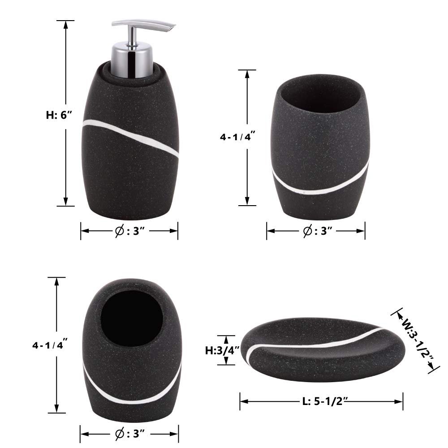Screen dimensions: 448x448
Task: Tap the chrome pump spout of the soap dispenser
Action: (143, 25)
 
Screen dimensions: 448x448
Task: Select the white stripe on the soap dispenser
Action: (130, 137)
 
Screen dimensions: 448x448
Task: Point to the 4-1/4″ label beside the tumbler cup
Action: (237, 137)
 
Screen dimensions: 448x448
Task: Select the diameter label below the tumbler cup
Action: (318, 231)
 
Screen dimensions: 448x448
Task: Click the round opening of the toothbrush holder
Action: (132, 319)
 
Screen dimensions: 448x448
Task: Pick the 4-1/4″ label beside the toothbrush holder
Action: (50, 345)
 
